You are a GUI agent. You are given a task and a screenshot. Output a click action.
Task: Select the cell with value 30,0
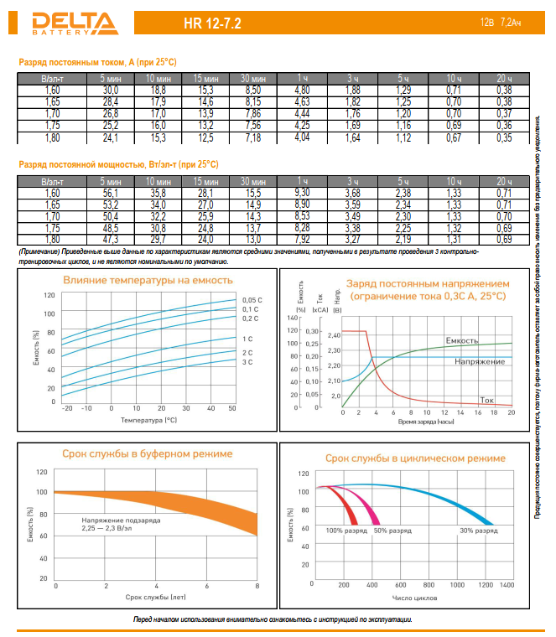coord(111,90)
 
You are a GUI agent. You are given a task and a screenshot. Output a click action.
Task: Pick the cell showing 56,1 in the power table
coord(111,193)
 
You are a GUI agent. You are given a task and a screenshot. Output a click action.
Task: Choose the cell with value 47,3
coord(111,239)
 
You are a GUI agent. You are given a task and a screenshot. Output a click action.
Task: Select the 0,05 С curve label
coord(252,300)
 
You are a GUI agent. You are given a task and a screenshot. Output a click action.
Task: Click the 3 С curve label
coord(247,362)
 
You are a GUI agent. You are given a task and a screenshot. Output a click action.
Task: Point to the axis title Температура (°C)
coord(148,418)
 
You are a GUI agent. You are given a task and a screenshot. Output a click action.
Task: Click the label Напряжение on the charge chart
coord(479,361)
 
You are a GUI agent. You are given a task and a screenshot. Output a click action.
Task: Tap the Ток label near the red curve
coord(491,399)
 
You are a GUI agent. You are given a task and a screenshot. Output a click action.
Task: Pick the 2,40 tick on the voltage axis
coord(335,335)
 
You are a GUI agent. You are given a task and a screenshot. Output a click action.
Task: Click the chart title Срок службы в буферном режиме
coord(148,453)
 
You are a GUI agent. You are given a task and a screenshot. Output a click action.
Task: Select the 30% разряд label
coord(478,531)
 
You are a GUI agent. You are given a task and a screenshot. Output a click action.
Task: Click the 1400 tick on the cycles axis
coord(507,584)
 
